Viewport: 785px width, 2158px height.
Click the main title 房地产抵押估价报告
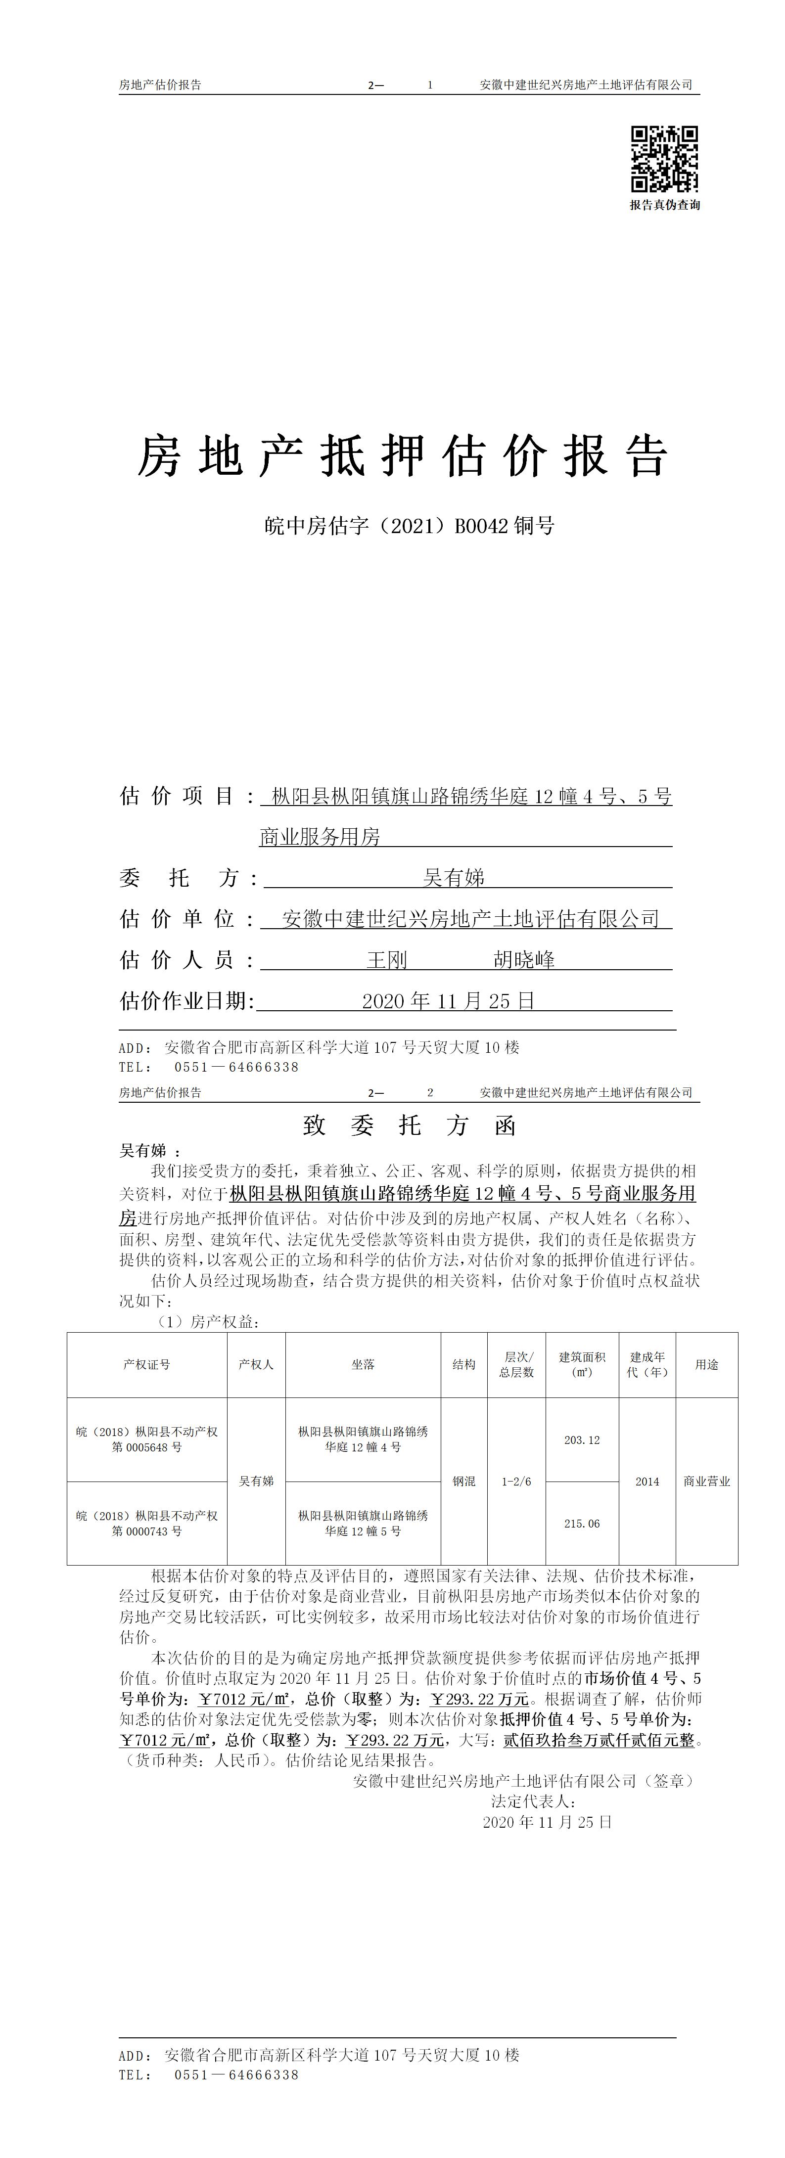point(403,456)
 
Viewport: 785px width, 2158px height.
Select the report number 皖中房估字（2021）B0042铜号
point(408,526)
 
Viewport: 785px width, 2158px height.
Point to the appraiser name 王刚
point(386,960)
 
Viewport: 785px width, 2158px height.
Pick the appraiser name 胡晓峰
point(524,960)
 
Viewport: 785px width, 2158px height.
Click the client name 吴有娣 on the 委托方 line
point(454,878)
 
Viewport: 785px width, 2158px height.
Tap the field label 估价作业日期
point(186,1001)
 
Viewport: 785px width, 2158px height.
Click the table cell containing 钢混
point(463,1481)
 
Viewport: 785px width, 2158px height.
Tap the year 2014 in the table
point(647,1481)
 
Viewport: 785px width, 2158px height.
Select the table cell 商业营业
point(706,1481)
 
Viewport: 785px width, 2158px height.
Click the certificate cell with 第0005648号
point(146,1439)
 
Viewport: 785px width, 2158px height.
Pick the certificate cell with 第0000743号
point(146,1523)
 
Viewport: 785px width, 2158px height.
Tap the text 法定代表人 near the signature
point(532,1801)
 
